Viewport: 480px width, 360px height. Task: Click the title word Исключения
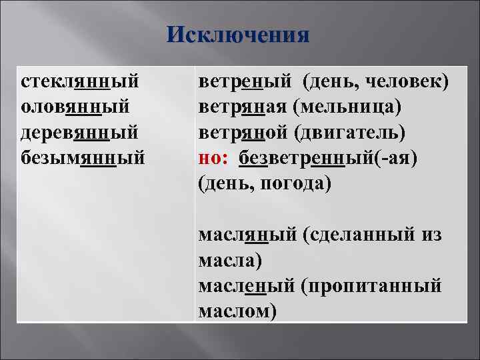point(239,34)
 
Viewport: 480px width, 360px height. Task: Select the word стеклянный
point(80,82)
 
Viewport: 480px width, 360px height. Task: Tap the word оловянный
point(75,107)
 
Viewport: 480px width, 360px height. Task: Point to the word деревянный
point(80,132)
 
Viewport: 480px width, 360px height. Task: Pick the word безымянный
point(82,157)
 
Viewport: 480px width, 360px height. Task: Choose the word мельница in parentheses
point(347,107)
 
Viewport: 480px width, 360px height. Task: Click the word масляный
point(247,235)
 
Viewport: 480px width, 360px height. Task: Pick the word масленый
point(246,285)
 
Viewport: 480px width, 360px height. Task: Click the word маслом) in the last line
point(237,310)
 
